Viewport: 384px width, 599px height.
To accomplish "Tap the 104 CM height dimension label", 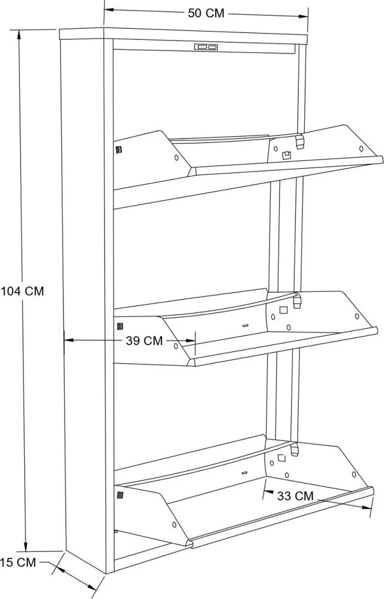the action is click(x=22, y=291).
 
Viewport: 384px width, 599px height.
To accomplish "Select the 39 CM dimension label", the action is click(x=144, y=341).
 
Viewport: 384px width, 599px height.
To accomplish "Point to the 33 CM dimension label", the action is click(x=295, y=496).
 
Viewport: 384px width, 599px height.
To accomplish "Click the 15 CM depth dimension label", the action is click(x=18, y=562).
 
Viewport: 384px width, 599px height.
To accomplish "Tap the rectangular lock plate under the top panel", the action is click(x=206, y=47).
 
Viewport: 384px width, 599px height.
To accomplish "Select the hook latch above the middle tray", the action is click(x=297, y=299).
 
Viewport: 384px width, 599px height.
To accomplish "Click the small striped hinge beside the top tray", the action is click(x=119, y=149).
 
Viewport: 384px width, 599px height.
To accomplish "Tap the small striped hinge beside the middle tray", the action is click(x=120, y=327).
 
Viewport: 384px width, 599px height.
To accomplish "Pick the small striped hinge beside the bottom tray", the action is click(x=120, y=496).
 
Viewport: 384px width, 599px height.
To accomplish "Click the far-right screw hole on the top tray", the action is click(x=361, y=148).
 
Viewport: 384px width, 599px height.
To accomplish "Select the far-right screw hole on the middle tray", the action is click(x=357, y=316).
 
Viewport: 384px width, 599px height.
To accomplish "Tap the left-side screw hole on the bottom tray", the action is click(x=174, y=524).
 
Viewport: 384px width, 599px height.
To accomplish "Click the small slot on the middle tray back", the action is click(x=245, y=326).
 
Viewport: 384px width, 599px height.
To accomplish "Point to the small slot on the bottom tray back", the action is click(x=244, y=473).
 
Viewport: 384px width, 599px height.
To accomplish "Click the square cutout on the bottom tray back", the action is click(x=282, y=457).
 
